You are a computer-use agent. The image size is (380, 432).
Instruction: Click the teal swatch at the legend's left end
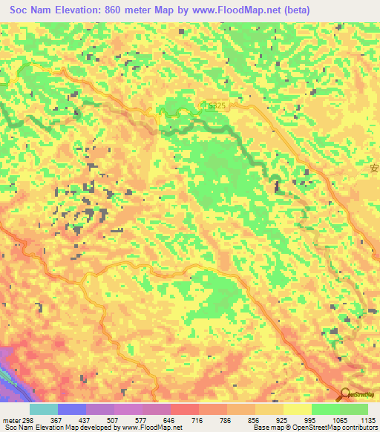tap(43, 409)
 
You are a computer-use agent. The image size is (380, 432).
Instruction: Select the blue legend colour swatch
tap(71, 409)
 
